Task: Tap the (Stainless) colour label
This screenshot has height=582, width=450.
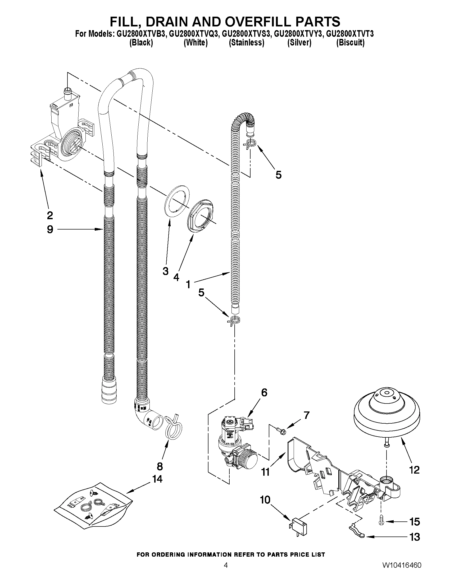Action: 247,43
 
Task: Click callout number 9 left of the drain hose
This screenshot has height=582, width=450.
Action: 50,229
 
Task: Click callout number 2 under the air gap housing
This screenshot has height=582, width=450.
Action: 50,215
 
